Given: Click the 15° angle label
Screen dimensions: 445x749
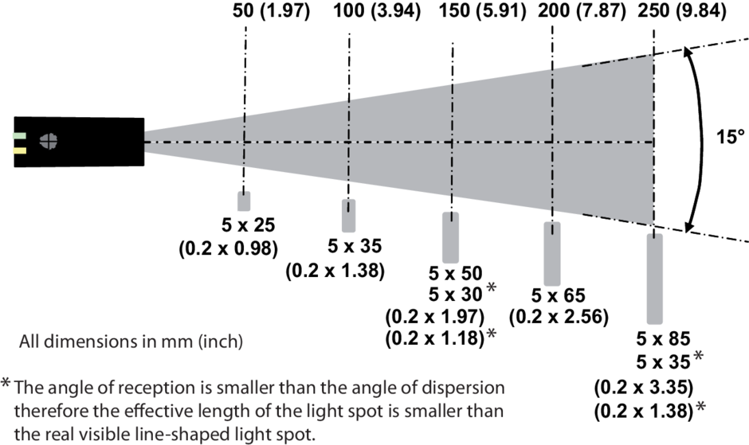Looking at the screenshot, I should (727, 136).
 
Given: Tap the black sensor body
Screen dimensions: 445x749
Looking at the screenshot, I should (88, 141).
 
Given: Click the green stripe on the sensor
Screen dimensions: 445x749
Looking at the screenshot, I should (20, 135).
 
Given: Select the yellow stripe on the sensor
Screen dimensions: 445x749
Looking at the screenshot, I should (20, 150).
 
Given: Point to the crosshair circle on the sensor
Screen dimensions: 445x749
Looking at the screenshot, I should (49, 139).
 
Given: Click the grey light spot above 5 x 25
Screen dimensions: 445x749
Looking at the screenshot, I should (243, 201).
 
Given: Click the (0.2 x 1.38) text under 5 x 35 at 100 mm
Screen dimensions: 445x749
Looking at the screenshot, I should (335, 271).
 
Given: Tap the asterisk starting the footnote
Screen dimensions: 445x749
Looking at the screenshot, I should (6, 385).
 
